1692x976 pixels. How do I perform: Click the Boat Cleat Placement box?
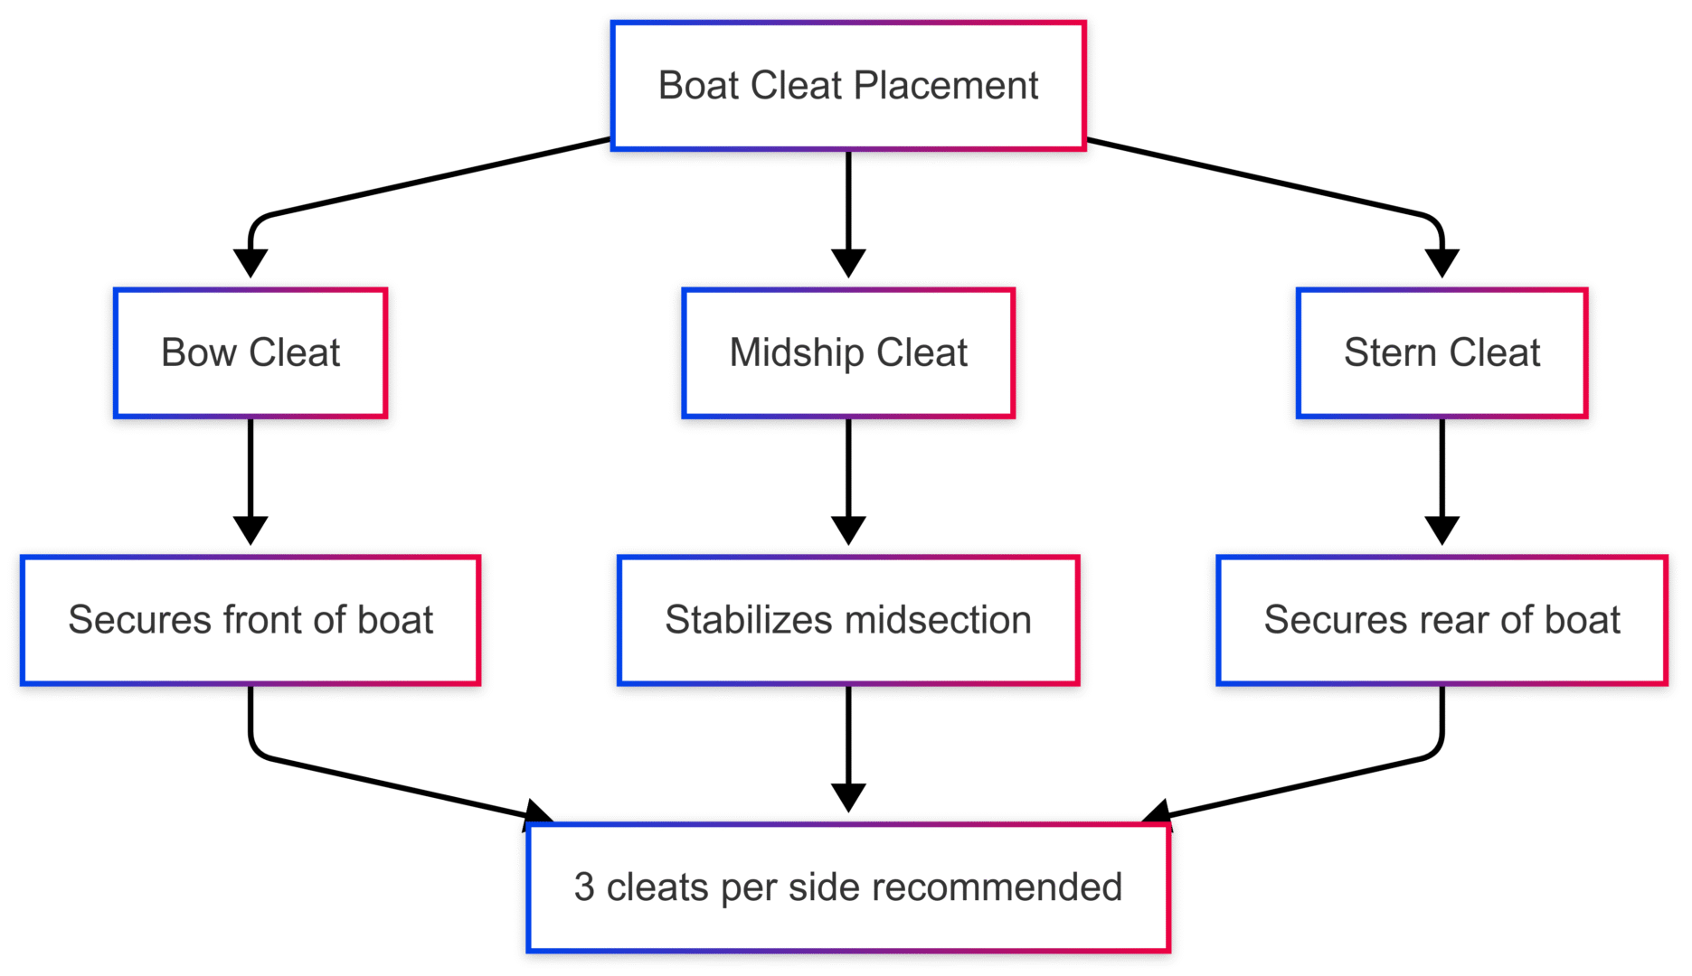pyautogui.click(x=847, y=86)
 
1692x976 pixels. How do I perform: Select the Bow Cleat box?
pyautogui.click(x=250, y=352)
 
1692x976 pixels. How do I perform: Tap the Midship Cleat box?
pyautogui.click(x=847, y=352)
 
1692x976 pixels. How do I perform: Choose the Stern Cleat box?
pyautogui.click(x=1442, y=352)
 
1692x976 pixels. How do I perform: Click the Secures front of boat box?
pyautogui.click(x=250, y=620)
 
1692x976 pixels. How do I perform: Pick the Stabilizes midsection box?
pyautogui.click(x=847, y=620)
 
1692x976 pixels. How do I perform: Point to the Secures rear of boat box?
pyautogui.click(x=1442, y=620)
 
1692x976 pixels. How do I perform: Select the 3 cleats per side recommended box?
pyautogui.click(x=847, y=887)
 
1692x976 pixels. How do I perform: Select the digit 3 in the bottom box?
pyautogui.click(x=584, y=887)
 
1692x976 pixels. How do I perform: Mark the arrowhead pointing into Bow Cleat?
pyautogui.click(x=250, y=263)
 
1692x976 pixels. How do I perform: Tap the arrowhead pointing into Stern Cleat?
pyautogui.click(x=1442, y=263)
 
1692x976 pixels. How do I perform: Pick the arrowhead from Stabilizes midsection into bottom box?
pyautogui.click(x=847, y=798)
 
